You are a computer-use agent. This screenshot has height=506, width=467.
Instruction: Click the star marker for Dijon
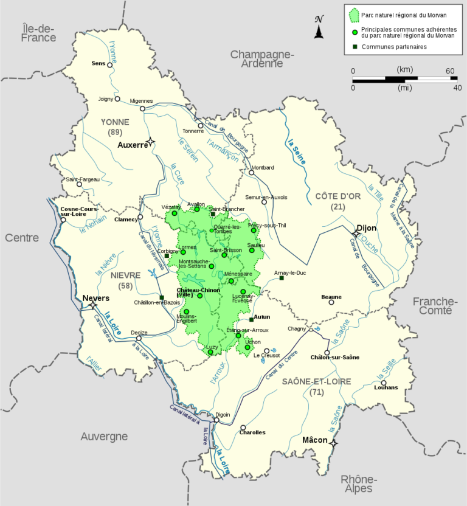tap(356, 234)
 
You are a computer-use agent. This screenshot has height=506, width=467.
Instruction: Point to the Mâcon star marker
tap(333, 443)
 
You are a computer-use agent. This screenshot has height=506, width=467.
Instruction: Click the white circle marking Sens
tap(110, 64)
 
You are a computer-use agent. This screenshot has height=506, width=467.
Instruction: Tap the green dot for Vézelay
tap(175, 213)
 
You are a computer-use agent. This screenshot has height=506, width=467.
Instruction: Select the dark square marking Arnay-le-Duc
tap(282, 278)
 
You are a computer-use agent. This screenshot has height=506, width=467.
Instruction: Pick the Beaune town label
tap(331, 297)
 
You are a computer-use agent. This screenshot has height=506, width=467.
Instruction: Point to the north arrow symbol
tap(319, 27)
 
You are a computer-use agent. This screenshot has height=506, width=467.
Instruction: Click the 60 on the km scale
tap(451, 71)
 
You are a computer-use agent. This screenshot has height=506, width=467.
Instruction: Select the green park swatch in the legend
tap(353, 15)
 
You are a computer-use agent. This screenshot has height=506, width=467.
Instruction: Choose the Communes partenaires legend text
tap(394, 47)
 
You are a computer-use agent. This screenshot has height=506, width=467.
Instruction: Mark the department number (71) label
tap(316, 392)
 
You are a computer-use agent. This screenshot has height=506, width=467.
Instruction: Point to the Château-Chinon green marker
tap(199, 296)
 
